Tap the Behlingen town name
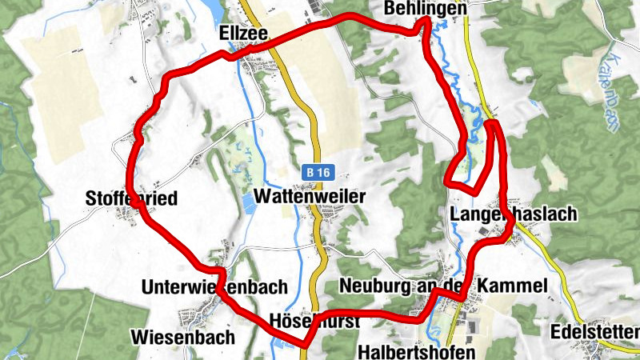(425, 7)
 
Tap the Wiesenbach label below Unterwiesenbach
(185, 337)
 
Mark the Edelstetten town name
(596, 332)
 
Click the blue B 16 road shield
(317, 172)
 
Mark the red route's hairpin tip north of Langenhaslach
(490, 122)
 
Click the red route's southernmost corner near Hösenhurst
(303, 345)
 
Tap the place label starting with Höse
(314, 319)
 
